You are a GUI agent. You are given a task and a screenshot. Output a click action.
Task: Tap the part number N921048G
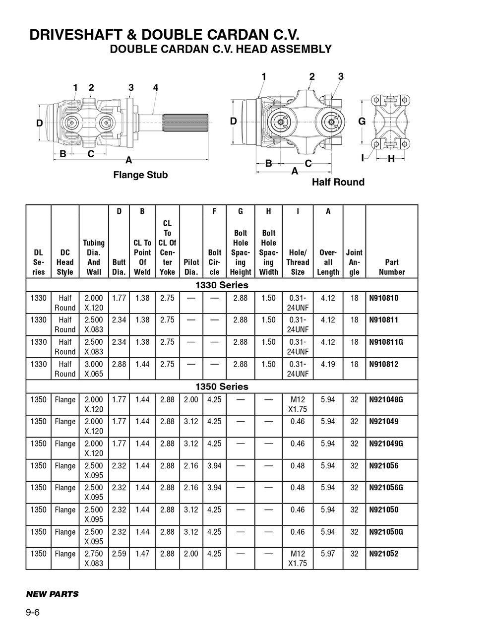click(386, 399)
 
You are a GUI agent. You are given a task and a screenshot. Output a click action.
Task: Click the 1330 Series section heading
click(222, 285)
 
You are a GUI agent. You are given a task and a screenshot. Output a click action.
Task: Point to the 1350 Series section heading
click(222, 386)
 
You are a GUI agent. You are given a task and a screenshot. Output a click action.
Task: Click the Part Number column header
click(391, 267)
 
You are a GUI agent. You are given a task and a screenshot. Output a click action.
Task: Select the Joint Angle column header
click(354, 262)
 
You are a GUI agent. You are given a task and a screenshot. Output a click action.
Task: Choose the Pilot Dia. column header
click(191, 267)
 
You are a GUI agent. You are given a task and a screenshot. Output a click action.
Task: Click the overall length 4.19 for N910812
click(328, 364)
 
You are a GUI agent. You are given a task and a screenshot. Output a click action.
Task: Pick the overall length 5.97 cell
click(328, 554)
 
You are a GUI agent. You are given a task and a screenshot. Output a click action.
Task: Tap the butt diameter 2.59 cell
click(119, 554)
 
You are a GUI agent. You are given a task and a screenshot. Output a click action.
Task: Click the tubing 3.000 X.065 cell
click(94, 369)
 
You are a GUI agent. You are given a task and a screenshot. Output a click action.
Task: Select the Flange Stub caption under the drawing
click(140, 175)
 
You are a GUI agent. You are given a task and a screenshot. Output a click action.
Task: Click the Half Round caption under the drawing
click(338, 182)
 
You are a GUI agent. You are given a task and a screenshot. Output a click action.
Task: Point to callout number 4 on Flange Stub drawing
click(155, 88)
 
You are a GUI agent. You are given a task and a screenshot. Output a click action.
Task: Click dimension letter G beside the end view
click(362, 121)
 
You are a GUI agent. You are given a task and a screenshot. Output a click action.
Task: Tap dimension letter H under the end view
click(391, 159)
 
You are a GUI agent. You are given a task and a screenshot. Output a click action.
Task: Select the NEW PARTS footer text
click(52, 594)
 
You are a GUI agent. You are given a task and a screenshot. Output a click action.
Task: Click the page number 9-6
click(33, 612)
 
